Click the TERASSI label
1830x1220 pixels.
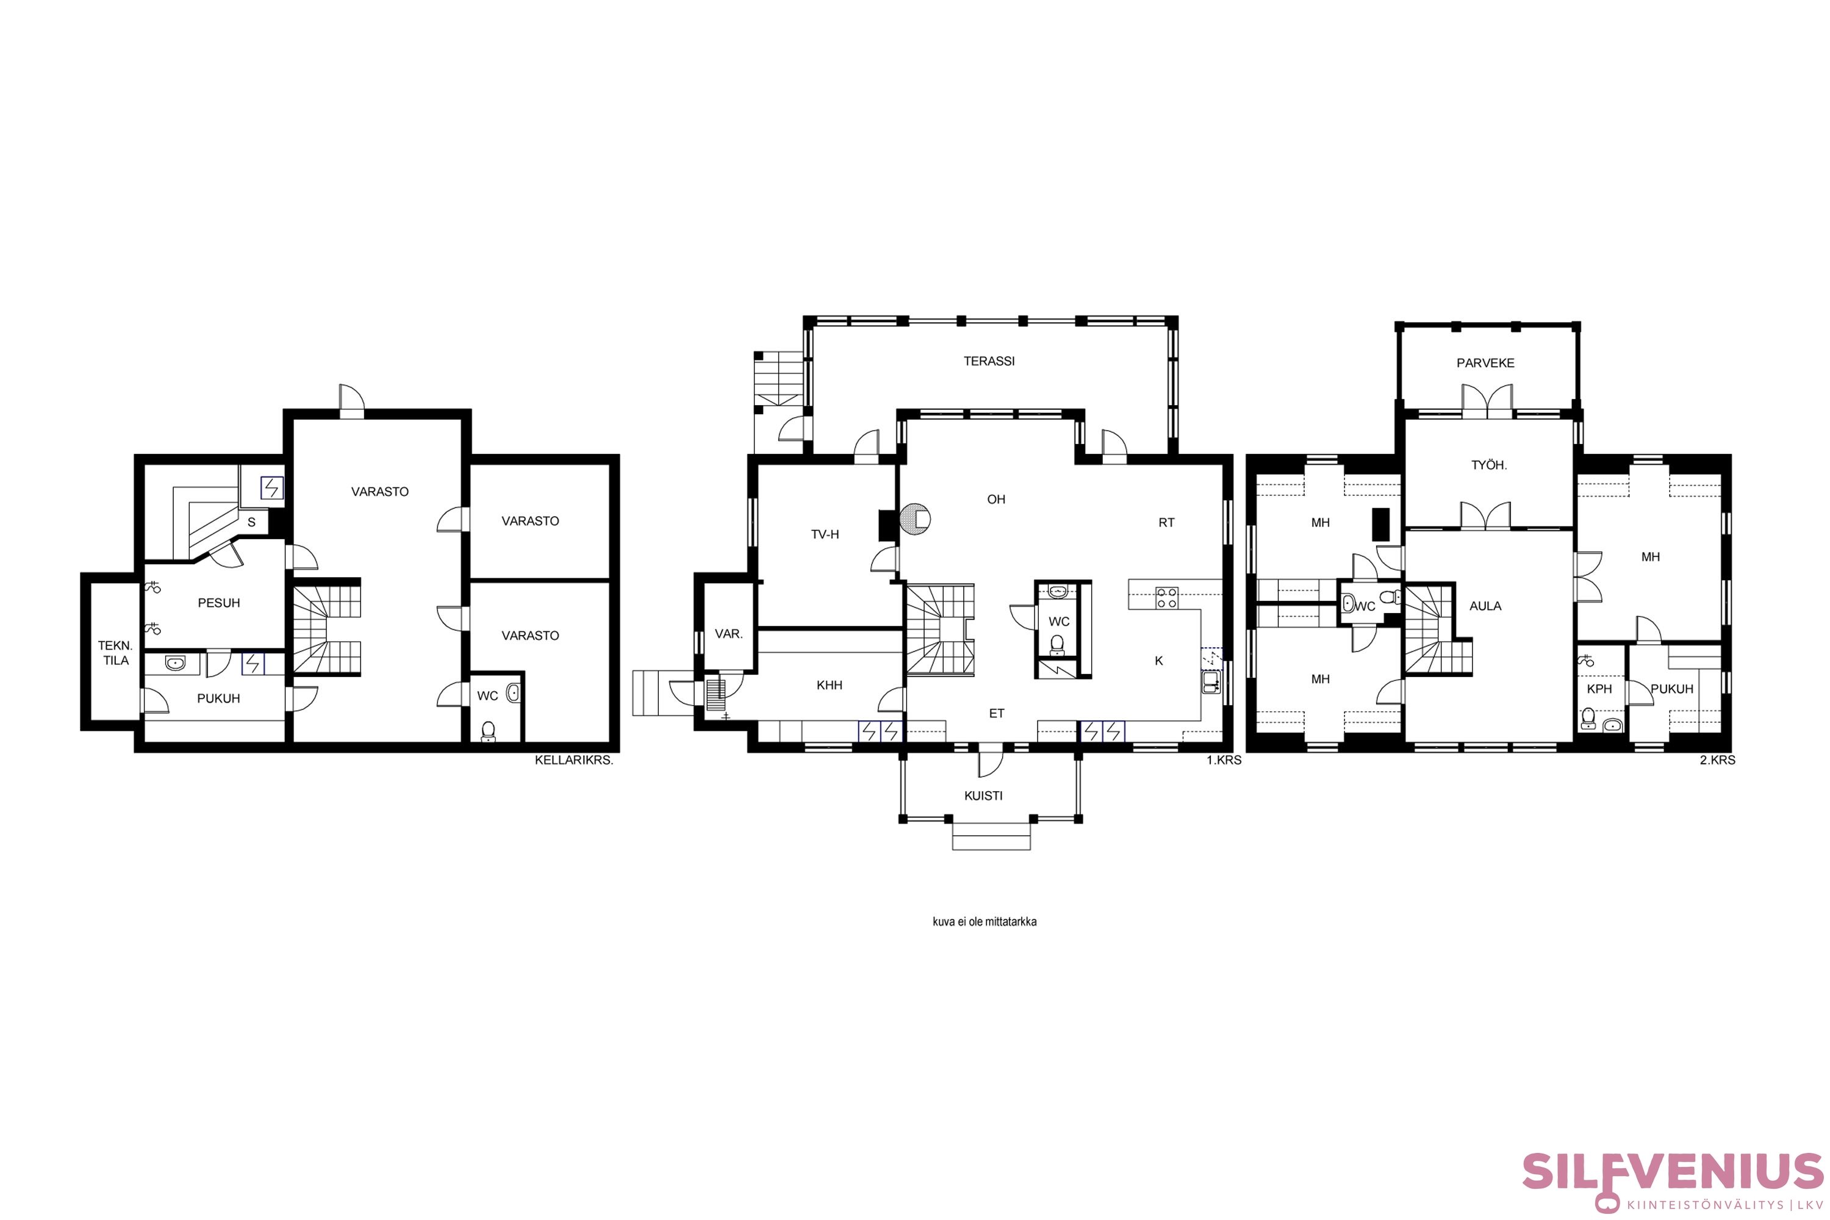point(989,361)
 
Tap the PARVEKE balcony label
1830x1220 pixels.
point(1485,362)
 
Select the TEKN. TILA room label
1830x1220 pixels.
point(115,653)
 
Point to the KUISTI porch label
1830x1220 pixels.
point(983,796)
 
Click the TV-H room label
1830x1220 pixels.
point(825,534)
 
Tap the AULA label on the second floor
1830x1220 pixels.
point(1485,606)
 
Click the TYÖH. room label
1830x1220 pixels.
point(1489,465)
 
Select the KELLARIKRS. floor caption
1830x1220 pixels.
point(574,760)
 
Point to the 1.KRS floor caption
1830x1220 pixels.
point(1224,760)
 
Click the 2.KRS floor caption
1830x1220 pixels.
point(1717,760)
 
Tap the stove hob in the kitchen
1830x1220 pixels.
point(1166,598)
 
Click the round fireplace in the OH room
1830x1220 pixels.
point(915,519)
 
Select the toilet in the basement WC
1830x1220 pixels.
point(488,731)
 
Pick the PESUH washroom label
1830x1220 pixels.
point(218,603)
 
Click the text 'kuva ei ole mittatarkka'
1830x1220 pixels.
point(985,922)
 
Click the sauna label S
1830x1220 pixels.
point(251,523)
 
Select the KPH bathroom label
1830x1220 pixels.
point(1599,689)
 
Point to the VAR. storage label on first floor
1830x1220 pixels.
point(728,634)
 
